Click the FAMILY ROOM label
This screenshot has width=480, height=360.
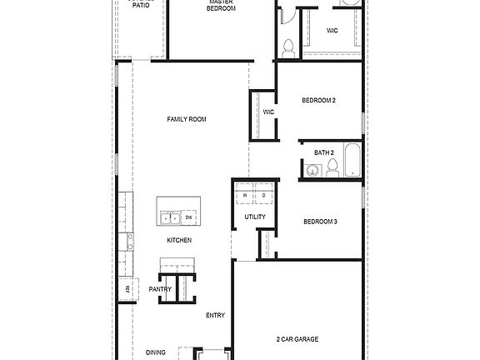pyautogui.click(x=187, y=119)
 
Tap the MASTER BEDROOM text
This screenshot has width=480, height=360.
pyautogui.click(x=222, y=6)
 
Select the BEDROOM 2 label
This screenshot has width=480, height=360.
pyautogui.click(x=318, y=101)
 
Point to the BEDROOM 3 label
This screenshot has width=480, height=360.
pyautogui.click(x=320, y=221)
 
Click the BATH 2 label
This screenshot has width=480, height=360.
pyautogui.click(x=324, y=152)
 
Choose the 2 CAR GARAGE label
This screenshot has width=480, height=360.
pyautogui.click(x=297, y=339)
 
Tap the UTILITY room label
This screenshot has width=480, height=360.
pyautogui.click(x=255, y=217)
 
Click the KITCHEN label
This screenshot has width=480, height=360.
pyautogui.click(x=179, y=240)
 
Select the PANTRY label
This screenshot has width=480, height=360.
pyautogui.click(x=160, y=289)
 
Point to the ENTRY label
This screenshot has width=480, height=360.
pyautogui.click(x=215, y=315)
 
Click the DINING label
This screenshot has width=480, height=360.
pyautogui.click(x=155, y=352)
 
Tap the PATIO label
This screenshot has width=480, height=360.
pyautogui.click(x=141, y=5)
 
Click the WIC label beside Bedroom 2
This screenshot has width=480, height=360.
pyautogui.click(x=269, y=112)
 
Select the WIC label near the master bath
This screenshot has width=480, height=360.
pyautogui.click(x=332, y=30)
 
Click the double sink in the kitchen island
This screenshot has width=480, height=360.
pyautogui.click(x=172, y=218)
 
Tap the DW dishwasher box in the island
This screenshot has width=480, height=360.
pyautogui.click(x=189, y=218)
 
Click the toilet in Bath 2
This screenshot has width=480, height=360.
pyautogui.click(x=332, y=169)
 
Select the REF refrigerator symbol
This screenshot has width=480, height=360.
pyautogui.click(x=127, y=289)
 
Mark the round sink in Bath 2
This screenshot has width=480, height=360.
pyautogui.click(x=313, y=171)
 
